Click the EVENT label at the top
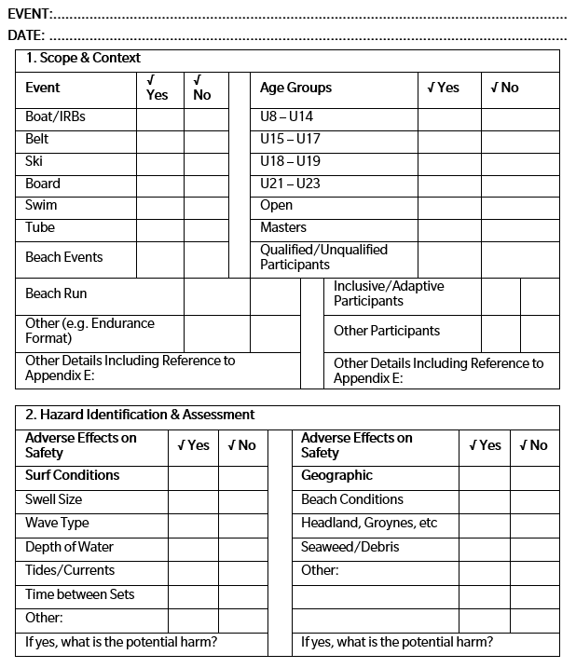coord(29,13)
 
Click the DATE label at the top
coord(26,35)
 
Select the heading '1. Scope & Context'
coord(83,58)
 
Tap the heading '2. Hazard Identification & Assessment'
coord(140,415)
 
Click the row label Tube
coord(40,227)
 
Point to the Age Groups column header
coord(295,88)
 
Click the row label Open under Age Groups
coord(276,205)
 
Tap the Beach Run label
coord(56,293)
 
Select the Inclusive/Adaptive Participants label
coord(389,293)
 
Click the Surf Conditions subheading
coord(72,475)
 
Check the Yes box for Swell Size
coord(193,499)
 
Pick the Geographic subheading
coord(336,475)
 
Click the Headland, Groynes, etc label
coord(369,523)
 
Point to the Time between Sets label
coord(79,594)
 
